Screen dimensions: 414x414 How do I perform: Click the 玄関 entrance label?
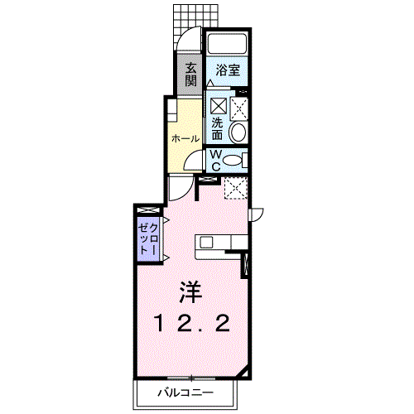point(190,75)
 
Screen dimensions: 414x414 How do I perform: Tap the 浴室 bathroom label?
point(228,70)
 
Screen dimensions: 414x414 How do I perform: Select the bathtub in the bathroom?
point(227,44)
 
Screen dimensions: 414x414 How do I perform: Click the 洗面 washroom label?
point(217,129)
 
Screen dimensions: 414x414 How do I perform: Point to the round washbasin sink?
point(238,132)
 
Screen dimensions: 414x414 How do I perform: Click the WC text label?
point(215,161)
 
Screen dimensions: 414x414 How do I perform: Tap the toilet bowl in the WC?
point(232,161)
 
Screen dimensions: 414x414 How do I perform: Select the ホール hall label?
point(185,138)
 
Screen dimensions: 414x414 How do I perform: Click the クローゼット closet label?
point(148,238)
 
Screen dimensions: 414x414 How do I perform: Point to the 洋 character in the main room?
point(190,292)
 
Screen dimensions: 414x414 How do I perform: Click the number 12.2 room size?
point(192,324)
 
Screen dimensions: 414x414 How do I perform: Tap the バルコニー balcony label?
point(185,392)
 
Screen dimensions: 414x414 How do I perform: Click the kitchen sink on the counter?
point(206,243)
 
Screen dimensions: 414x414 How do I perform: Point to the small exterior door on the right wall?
point(257,214)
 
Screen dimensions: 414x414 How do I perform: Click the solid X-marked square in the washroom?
point(219,105)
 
